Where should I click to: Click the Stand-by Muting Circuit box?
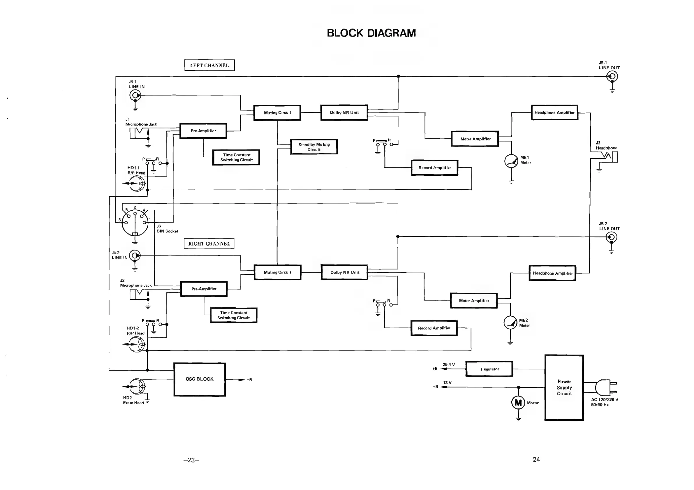coord(314,147)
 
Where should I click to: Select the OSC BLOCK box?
coord(200,379)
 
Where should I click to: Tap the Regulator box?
coord(489,369)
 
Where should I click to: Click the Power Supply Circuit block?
coord(564,387)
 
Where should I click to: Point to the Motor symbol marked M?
coord(518,403)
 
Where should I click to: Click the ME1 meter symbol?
coord(511,161)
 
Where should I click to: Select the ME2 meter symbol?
coord(510,322)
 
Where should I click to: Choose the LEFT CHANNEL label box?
coord(209,65)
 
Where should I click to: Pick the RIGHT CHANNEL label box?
coord(209,244)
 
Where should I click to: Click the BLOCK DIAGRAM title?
coord(371,33)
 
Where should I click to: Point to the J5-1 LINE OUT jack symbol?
coord(612,77)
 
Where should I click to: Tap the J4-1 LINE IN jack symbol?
coord(135,96)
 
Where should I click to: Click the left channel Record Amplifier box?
coord(434,168)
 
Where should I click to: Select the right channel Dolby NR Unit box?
coord(344,272)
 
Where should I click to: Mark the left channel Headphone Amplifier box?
coord(554,112)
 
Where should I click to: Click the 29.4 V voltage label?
coord(449,364)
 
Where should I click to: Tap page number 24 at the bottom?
coord(536,460)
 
